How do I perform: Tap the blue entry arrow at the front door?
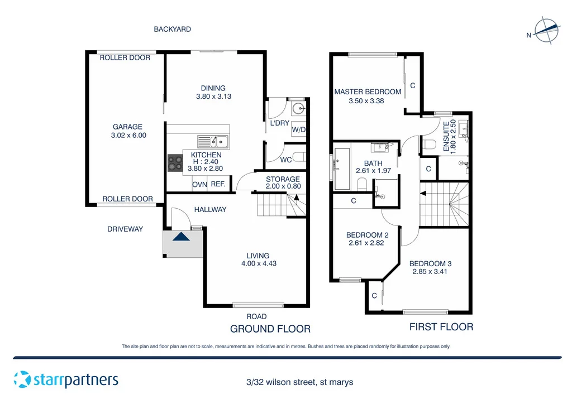[181, 237]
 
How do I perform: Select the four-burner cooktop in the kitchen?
[175, 162]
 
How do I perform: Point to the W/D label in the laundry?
[299, 130]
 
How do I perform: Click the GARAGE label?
[127, 127]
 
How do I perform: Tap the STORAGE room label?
[283, 179]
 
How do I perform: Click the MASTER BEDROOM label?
[368, 92]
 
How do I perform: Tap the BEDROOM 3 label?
[430, 263]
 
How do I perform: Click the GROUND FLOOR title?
[270, 329]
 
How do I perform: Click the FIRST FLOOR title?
[441, 327]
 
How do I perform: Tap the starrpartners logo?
[66, 379]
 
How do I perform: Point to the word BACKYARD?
[172, 29]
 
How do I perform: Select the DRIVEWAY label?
[125, 229]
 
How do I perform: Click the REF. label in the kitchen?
[218, 184]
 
